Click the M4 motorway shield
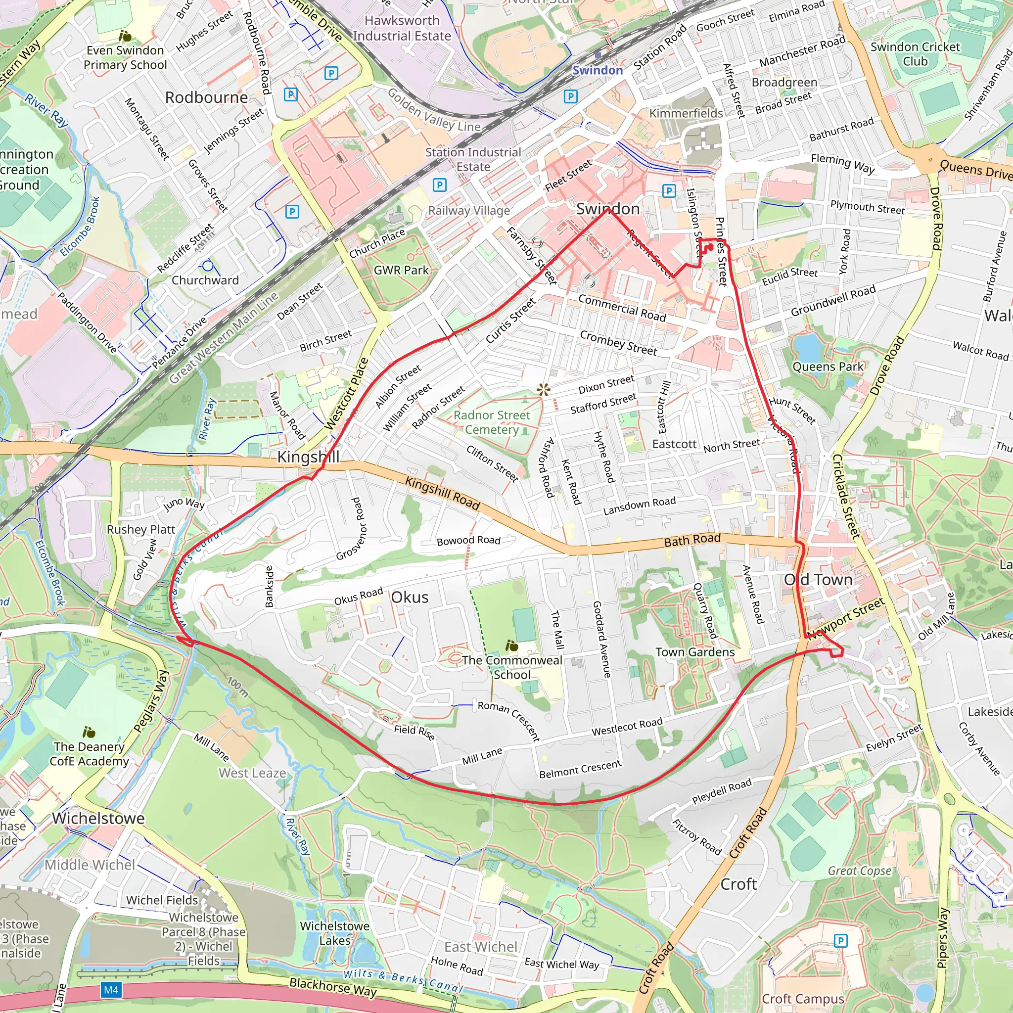[x=111, y=989]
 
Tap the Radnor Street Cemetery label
[x=491, y=422]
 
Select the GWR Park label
[x=401, y=270]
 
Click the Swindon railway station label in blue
[x=597, y=70]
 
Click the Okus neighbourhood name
[x=410, y=597]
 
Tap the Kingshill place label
[x=308, y=457]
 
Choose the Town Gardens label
[x=695, y=652]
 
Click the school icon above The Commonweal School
[x=512, y=645]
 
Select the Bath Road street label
[x=692, y=540]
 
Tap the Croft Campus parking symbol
[x=840, y=940]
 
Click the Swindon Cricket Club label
[x=915, y=54]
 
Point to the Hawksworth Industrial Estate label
[x=402, y=28]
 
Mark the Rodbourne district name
[x=206, y=97]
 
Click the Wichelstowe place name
[x=98, y=818]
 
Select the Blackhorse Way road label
[x=332, y=987]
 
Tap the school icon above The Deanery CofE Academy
[x=89, y=732]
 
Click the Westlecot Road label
[x=627, y=727]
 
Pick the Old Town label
[x=818, y=579]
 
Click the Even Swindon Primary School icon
[x=125, y=36]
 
